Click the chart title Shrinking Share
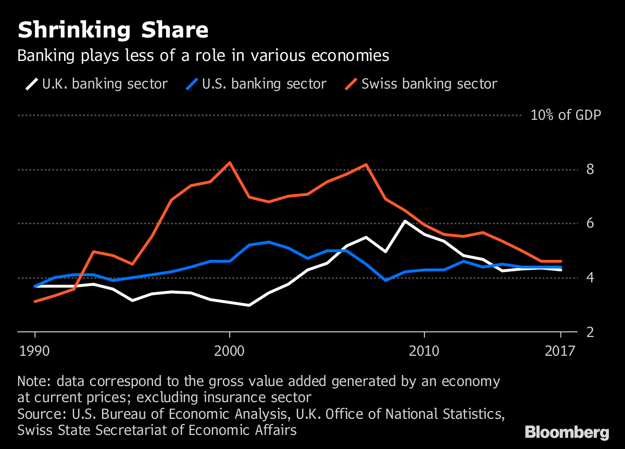113,30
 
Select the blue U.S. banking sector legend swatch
192,83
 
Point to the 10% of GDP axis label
566,115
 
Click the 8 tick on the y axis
590,169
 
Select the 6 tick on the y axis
590,223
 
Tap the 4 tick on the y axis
590,278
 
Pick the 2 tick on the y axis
590,332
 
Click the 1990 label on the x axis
35,350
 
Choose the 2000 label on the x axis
229,350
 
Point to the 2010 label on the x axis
424,350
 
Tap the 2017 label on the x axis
560,350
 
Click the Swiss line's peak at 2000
230,163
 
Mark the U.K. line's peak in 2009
405,221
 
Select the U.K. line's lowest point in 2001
249,305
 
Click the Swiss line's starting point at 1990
35,301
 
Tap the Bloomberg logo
567,432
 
